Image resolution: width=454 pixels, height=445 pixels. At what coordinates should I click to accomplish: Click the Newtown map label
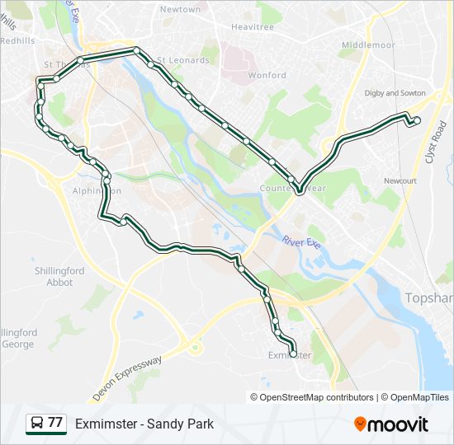point(180,9)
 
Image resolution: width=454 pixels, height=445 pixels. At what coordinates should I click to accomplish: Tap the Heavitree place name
point(252,26)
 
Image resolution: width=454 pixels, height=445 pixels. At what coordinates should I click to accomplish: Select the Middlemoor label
point(368,44)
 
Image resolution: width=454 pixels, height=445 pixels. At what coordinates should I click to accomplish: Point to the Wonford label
point(267,75)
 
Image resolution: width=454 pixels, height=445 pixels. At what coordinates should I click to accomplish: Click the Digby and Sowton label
point(395,93)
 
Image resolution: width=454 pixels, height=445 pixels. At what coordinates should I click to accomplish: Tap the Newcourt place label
point(400,180)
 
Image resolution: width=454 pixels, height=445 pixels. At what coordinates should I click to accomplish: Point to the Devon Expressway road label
point(127,378)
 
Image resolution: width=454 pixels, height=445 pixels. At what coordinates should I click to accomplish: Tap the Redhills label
point(17,40)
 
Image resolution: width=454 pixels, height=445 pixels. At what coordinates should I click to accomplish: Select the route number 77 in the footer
point(55,424)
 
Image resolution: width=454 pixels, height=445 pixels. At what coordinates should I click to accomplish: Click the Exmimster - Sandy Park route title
point(144,424)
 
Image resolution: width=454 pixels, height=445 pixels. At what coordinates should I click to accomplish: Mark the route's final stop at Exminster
point(293,354)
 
